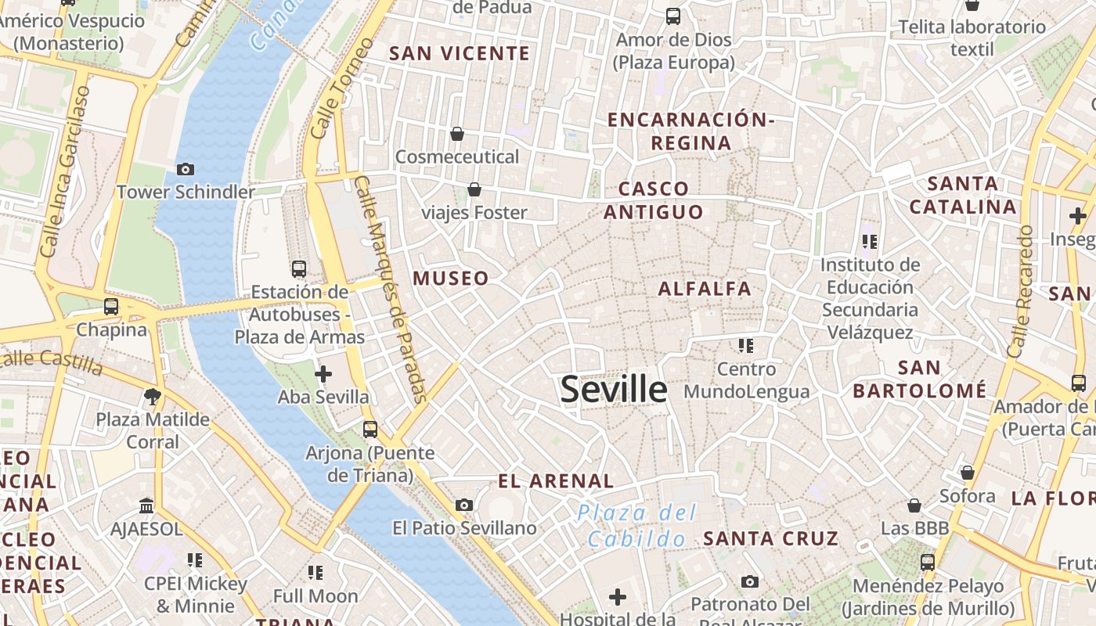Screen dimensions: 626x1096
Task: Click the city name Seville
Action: click(x=614, y=390)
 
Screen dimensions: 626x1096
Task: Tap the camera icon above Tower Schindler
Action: click(x=186, y=169)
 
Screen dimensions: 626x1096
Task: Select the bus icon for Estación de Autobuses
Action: click(x=299, y=269)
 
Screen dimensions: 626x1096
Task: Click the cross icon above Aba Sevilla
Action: click(x=323, y=374)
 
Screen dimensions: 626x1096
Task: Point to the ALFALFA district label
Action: click(x=705, y=289)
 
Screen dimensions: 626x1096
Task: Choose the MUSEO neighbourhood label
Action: click(x=451, y=279)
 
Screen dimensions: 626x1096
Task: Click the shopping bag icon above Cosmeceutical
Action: click(x=457, y=134)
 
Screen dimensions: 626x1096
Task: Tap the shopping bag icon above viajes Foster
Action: click(x=474, y=189)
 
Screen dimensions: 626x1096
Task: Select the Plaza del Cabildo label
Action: click(x=637, y=526)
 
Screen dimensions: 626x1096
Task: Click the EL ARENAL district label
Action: click(x=556, y=481)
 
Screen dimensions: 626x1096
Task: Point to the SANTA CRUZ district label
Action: click(x=771, y=538)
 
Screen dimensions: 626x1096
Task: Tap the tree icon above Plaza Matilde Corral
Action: click(x=153, y=397)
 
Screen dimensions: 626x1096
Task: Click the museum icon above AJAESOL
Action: click(x=146, y=505)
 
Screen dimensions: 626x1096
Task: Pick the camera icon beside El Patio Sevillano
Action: click(x=464, y=505)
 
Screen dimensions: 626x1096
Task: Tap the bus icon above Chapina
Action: click(x=111, y=307)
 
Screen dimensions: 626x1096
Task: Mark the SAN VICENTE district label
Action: click(x=460, y=54)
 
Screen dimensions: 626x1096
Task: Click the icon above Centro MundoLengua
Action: click(x=745, y=345)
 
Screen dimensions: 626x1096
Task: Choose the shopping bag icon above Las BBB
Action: click(x=914, y=505)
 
